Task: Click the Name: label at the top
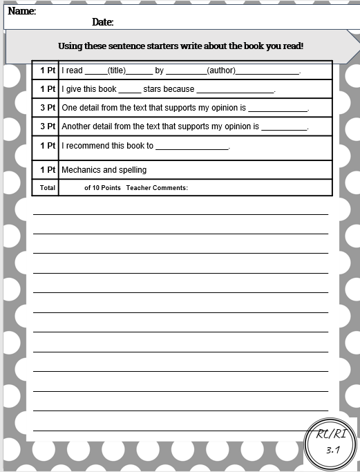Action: [x=22, y=11]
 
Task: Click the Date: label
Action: [x=103, y=23]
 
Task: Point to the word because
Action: [x=179, y=89]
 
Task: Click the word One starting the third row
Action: [x=69, y=108]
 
